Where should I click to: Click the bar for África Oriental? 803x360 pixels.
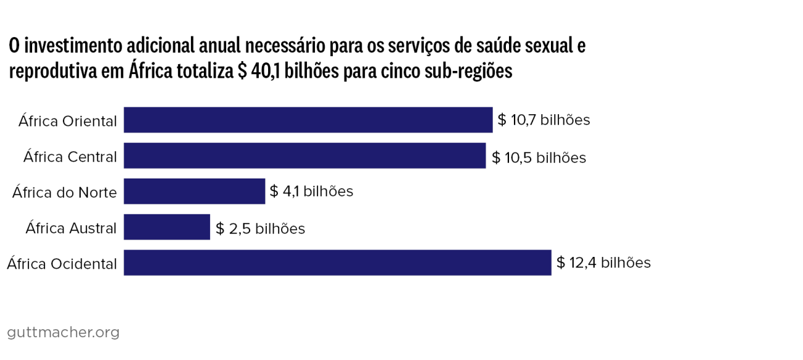point(308,120)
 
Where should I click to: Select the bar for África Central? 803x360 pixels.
point(305,156)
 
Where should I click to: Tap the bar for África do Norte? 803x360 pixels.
point(194,191)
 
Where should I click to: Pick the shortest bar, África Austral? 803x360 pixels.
point(167,227)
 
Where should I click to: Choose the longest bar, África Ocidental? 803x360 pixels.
point(337,262)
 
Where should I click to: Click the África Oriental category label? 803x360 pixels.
point(67,121)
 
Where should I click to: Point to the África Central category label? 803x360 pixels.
point(70,157)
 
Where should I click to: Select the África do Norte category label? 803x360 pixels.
point(64,193)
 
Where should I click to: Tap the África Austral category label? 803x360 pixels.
point(71,228)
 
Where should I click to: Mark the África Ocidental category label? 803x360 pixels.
point(62,264)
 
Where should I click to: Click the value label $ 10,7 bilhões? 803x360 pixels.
point(544,120)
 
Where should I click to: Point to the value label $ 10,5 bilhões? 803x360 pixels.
point(539,157)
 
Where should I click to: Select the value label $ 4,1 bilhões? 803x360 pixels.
point(311,191)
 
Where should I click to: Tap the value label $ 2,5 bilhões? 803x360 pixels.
point(260,229)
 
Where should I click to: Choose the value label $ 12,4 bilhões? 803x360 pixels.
point(603,263)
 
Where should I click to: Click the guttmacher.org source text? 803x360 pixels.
point(63,333)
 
